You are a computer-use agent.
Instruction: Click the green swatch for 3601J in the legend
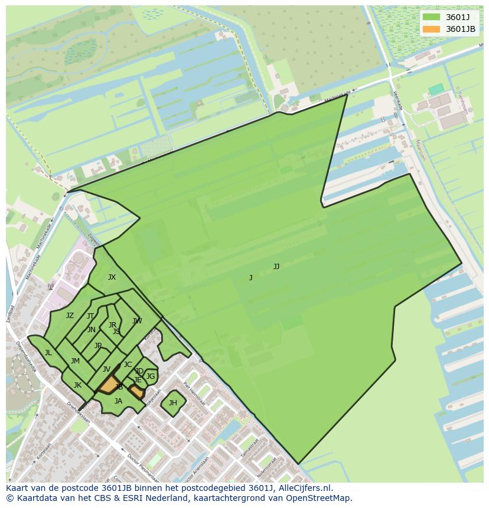click(432, 17)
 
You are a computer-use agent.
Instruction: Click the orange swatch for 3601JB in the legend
click(432, 29)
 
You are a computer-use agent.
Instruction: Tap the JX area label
click(112, 277)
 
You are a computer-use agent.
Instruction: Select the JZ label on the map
click(70, 316)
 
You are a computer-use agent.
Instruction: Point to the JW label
click(137, 321)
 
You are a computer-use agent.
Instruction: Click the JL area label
click(48, 353)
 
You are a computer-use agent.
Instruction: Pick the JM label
click(75, 361)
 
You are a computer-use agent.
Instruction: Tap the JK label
click(77, 385)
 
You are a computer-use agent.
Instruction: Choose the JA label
click(118, 401)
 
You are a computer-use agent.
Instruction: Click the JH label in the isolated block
click(172, 403)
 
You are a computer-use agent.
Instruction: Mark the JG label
click(151, 376)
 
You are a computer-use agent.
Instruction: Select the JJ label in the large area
click(276, 267)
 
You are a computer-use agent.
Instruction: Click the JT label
click(90, 316)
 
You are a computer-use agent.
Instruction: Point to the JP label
click(98, 346)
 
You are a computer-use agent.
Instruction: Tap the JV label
click(106, 369)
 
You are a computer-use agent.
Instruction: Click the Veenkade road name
click(397, 100)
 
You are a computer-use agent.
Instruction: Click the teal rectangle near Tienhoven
click(436, 89)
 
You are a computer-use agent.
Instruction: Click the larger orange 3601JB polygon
click(108, 385)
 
